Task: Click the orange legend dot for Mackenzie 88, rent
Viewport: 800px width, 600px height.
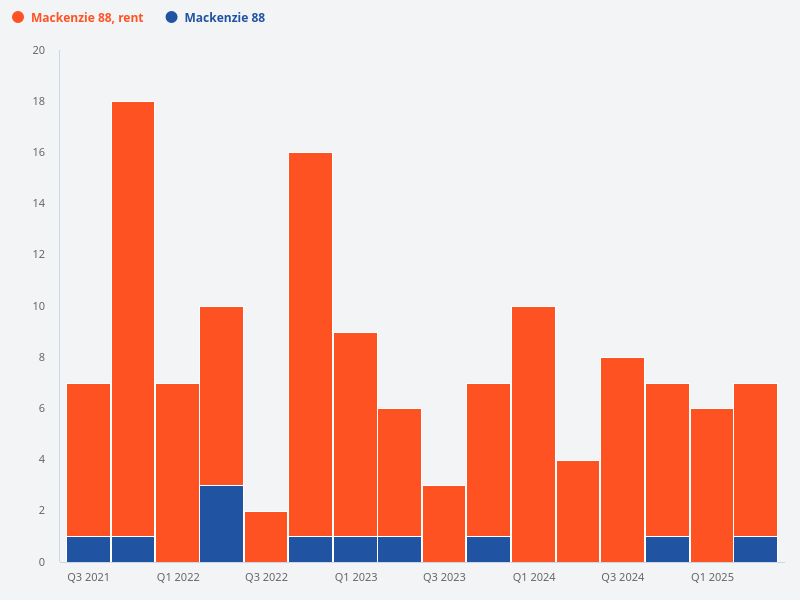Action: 18,18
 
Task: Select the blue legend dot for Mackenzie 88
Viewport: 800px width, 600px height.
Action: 171,18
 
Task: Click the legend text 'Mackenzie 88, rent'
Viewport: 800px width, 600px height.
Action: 87,18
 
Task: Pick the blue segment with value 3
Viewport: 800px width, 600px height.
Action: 221,523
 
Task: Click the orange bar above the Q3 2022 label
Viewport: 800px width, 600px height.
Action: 266,537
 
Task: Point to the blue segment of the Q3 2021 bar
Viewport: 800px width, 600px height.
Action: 88,549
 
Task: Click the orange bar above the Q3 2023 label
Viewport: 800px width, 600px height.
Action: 444,524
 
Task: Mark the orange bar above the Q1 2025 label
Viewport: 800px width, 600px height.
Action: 711,485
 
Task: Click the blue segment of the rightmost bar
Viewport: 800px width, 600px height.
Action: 755,549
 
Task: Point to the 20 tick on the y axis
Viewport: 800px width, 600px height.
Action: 39,51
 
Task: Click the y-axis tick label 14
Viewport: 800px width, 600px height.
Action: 39,204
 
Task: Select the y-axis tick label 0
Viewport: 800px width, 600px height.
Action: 42,562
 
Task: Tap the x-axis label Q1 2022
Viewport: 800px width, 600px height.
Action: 178,578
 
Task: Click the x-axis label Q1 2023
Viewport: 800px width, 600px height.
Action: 356,578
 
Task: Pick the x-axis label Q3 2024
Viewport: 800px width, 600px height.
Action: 622,578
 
